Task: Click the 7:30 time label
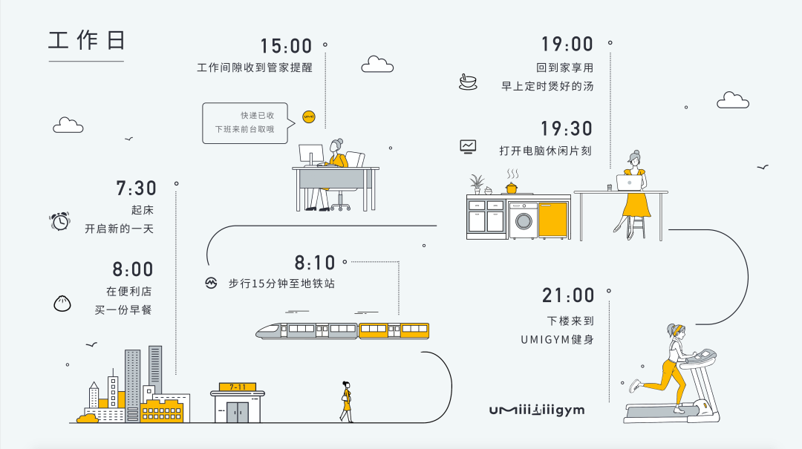click(x=136, y=189)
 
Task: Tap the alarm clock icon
click(x=59, y=220)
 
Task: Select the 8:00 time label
click(x=133, y=269)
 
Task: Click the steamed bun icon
click(x=62, y=303)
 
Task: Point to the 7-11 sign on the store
click(x=238, y=387)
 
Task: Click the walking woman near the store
click(x=346, y=402)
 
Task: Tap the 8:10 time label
click(x=315, y=263)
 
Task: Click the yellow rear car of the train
click(x=394, y=330)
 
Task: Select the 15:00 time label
click(x=286, y=46)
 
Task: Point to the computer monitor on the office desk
click(x=310, y=154)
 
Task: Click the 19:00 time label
click(x=567, y=45)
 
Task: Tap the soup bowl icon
click(x=468, y=82)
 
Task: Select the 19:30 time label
click(x=567, y=129)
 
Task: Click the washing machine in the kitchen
click(x=523, y=220)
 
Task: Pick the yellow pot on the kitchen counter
click(x=512, y=187)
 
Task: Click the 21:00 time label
click(x=569, y=295)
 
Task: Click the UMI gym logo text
click(x=537, y=410)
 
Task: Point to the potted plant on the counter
click(x=477, y=183)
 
